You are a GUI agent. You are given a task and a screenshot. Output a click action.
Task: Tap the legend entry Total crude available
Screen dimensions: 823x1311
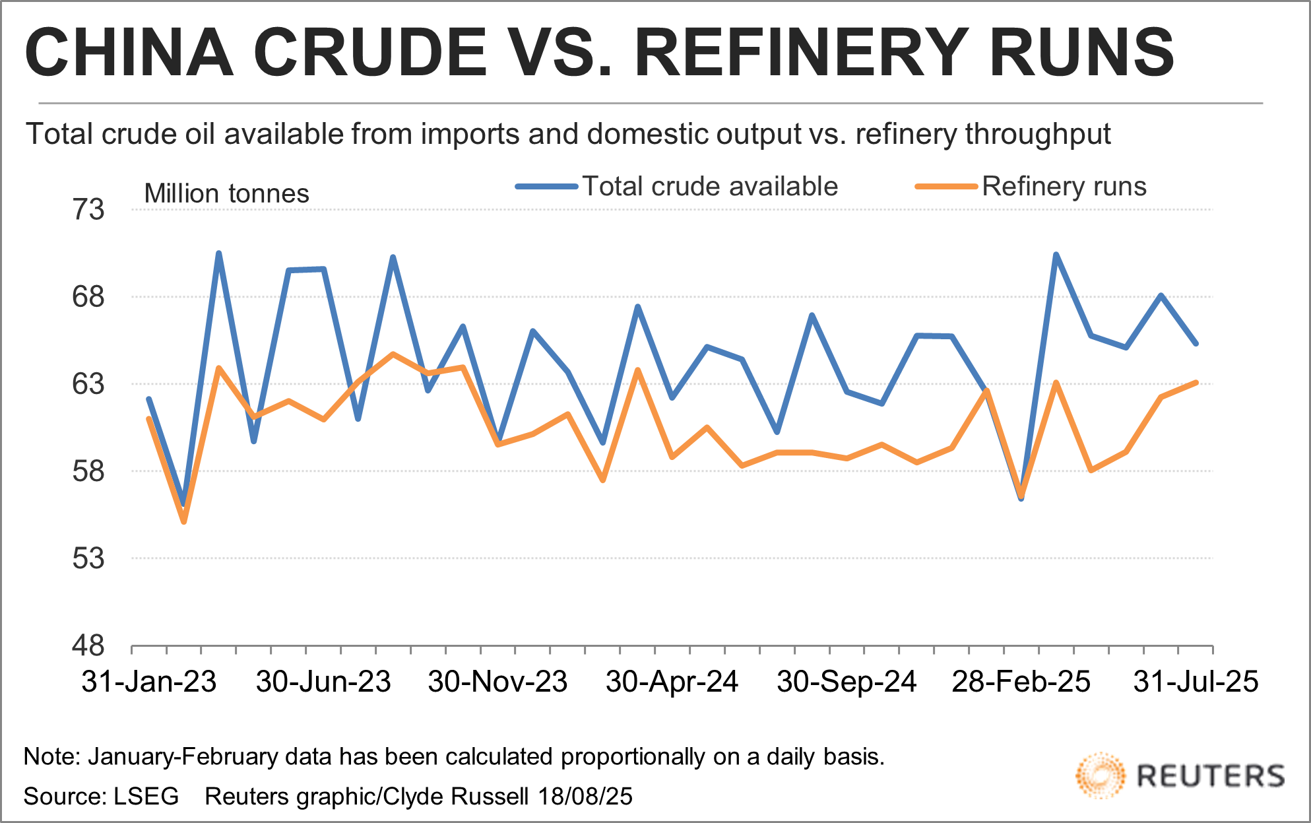tap(709, 187)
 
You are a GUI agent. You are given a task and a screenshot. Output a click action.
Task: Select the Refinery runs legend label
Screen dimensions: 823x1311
tap(1064, 187)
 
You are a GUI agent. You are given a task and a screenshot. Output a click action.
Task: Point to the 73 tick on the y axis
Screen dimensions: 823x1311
tap(88, 210)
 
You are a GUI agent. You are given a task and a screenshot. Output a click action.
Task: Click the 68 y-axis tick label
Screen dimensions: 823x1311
tap(88, 297)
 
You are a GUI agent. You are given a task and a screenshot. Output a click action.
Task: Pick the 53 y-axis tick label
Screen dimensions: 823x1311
tap(88, 558)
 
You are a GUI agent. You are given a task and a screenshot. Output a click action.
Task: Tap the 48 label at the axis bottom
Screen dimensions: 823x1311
tap(88, 645)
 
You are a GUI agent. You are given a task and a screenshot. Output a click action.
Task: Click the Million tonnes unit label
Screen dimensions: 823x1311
tap(226, 194)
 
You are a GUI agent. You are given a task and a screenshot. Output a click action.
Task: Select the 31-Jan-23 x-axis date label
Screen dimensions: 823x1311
tap(149, 682)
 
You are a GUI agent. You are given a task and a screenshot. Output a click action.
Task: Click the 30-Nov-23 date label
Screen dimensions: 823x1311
tap(497, 682)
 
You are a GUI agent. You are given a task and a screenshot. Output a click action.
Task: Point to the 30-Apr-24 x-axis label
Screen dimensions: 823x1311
tap(672, 682)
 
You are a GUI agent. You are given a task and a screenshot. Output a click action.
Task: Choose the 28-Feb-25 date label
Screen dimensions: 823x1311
tap(1021, 682)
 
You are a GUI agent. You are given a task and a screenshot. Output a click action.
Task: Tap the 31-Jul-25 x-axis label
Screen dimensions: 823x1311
tap(1196, 682)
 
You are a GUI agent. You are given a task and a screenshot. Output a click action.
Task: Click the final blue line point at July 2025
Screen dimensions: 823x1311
tap(1196, 343)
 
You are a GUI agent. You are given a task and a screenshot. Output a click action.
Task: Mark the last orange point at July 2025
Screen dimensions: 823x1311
tap(1196, 382)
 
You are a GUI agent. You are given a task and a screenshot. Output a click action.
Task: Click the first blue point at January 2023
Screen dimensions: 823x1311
tap(149, 399)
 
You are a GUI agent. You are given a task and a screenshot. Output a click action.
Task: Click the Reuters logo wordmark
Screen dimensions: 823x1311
tap(1211, 776)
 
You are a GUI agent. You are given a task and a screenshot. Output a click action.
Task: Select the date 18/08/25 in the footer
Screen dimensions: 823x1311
tap(585, 797)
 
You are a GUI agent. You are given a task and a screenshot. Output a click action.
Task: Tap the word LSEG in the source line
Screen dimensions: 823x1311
tap(146, 797)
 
